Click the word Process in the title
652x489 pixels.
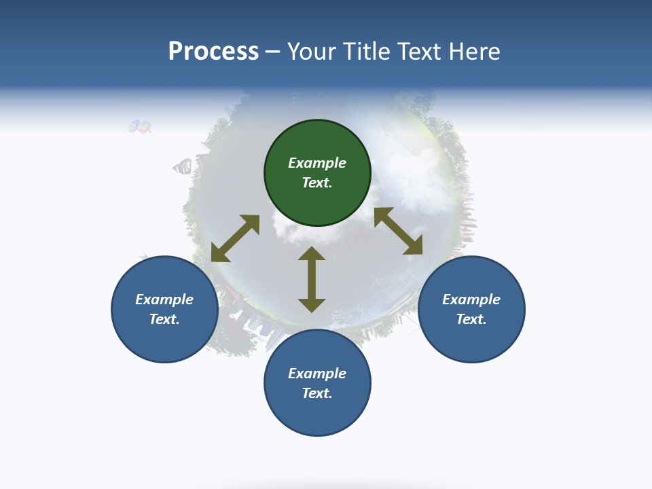pyautogui.click(x=213, y=52)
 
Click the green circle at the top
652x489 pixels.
pyautogui.click(x=317, y=173)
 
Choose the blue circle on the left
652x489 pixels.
pyautogui.click(x=164, y=309)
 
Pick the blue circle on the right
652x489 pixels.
pyautogui.click(x=471, y=309)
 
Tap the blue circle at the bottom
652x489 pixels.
pyautogui.click(x=317, y=383)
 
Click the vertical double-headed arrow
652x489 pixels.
pyautogui.click(x=312, y=280)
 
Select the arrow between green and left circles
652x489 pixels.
pyautogui.click(x=235, y=238)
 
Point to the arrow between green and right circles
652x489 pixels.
pyautogui.click(x=399, y=231)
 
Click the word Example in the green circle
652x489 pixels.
pyautogui.click(x=317, y=163)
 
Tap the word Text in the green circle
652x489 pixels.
pyautogui.click(x=317, y=183)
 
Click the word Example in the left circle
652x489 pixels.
pyautogui.click(x=164, y=300)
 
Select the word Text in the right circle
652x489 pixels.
pyautogui.click(x=471, y=319)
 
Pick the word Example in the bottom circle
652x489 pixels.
pyautogui.click(x=317, y=374)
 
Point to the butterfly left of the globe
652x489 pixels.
pyautogui.click(x=182, y=166)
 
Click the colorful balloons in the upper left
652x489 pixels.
pyautogui.click(x=140, y=126)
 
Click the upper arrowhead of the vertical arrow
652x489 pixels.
pyautogui.click(x=312, y=253)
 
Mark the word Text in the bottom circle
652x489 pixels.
pyautogui.click(x=317, y=393)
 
